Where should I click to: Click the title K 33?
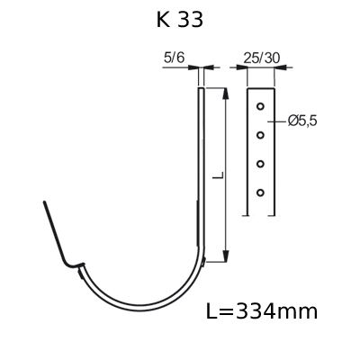tap(180, 21)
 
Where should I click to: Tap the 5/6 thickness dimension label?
tap(174, 58)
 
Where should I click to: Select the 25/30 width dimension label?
tap(261, 58)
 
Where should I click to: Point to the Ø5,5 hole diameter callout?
tap(302, 121)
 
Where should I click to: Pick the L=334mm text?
tap(262, 311)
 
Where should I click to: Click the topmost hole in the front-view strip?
tap(260, 106)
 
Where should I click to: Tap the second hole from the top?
tap(260, 135)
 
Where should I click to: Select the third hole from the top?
tap(260, 164)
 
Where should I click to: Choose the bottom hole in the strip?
tap(260, 193)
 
